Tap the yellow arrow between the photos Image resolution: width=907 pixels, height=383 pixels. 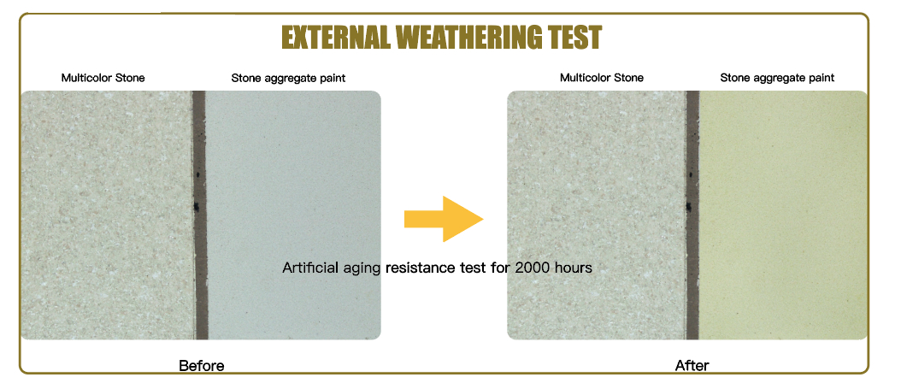pos(444,219)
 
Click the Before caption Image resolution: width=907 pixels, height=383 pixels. pos(201,366)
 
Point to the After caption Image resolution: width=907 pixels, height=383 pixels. pos(692,366)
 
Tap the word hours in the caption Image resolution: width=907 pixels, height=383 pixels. pos(575,268)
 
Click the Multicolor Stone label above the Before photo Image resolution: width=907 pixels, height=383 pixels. pos(103,78)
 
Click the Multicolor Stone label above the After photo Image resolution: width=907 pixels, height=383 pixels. pos(602,78)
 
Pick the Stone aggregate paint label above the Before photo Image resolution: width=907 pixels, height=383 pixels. pos(288,78)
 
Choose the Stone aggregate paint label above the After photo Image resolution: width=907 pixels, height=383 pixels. pos(777,78)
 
